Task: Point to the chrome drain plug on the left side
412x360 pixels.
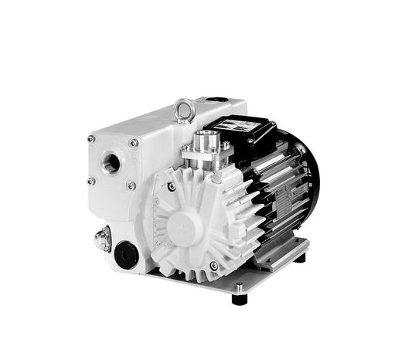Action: [102, 239]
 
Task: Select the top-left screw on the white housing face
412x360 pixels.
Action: [90, 139]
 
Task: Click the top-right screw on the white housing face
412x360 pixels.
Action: [133, 143]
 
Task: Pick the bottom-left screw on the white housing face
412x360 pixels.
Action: [90, 181]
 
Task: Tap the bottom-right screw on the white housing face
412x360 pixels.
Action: [131, 186]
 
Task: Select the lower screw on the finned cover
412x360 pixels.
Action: [213, 266]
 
